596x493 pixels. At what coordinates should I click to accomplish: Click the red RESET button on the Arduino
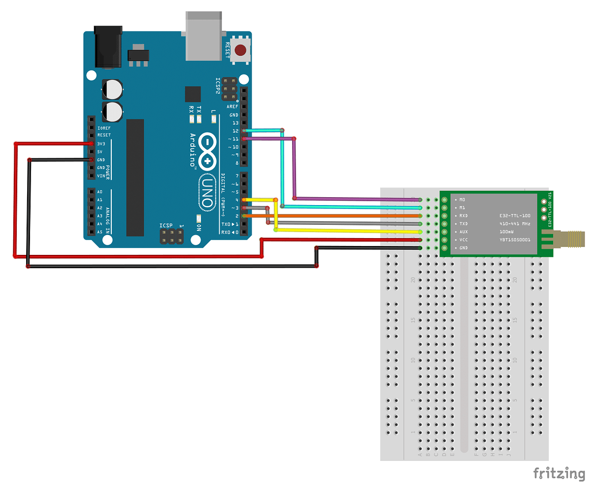240,50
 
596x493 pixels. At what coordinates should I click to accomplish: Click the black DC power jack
107,47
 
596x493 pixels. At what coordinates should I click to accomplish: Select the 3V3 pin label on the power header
101,144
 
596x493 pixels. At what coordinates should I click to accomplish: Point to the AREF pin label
232,106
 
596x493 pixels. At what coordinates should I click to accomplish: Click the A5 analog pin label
100,232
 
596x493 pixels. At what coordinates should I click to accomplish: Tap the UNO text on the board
207,193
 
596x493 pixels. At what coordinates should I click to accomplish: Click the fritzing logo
559,474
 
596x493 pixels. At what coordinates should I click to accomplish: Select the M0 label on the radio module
462,200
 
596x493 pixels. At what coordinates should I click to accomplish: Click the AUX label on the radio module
464,232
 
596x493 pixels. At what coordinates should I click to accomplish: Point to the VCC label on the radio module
464,240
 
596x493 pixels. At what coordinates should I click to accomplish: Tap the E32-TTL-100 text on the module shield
515,216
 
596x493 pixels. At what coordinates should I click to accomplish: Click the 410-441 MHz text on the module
515,224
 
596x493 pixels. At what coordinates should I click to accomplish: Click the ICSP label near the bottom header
166,226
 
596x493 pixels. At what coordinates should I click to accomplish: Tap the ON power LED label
199,227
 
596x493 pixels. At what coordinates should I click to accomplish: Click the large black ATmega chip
135,177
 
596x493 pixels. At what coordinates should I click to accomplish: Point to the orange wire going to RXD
345,216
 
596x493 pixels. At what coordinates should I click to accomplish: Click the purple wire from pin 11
355,199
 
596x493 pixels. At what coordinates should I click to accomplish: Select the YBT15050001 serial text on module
515,240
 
